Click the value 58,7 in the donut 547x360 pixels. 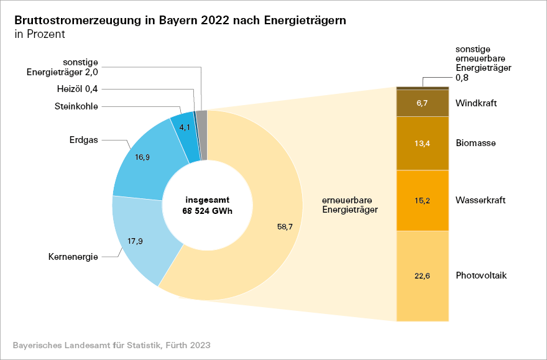[285, 227]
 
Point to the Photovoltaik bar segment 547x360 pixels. [422, 275]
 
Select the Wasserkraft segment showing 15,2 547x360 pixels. [422, 200]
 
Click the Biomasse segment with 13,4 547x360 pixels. [422, 144]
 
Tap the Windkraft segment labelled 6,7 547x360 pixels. [422, 103]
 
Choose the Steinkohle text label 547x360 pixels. [76, 106]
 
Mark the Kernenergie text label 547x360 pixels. [73, 256]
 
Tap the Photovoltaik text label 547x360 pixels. [481, 275]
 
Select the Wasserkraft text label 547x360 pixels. [480, 200]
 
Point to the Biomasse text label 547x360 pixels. [476, 144]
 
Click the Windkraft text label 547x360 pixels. [476, 103]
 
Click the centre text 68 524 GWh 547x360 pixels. [208, 211]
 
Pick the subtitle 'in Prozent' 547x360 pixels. [39, 34]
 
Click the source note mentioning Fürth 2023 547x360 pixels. [111, 344]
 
